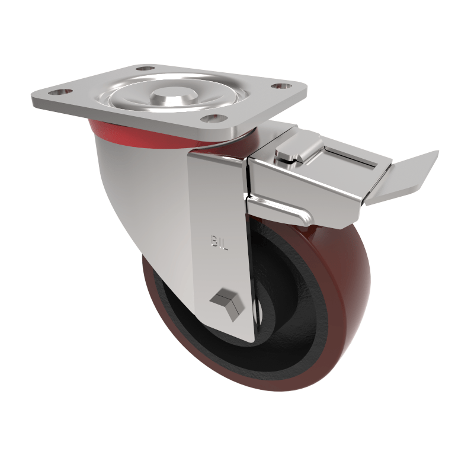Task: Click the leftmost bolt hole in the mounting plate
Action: coord(57,93)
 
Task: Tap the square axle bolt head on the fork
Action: coord(226,303)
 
